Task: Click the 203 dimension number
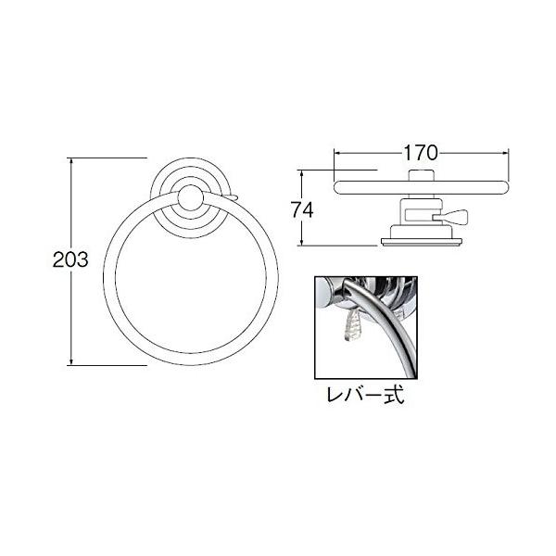click(70, 259)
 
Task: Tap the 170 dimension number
click(421, 153)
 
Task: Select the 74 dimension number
click(302, 209)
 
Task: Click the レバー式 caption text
click(365, 395)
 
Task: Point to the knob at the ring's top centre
click(191, 198)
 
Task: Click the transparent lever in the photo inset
click(352, 323)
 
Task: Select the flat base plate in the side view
click(422, 242)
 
